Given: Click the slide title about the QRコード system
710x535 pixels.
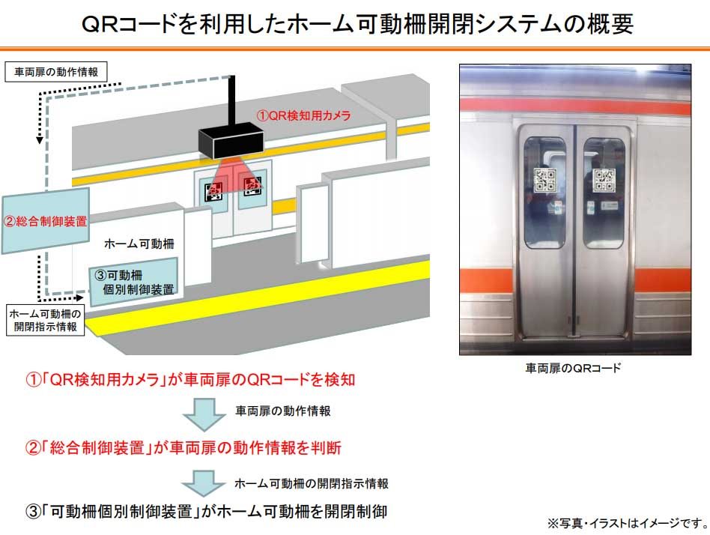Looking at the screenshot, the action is pyautogui.click(x=356, y=23).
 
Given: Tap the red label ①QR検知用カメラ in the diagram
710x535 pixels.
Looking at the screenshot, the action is pyautogui.click(x=303, y=115).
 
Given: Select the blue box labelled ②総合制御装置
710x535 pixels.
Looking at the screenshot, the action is pyautogui.click(x=45, y=220).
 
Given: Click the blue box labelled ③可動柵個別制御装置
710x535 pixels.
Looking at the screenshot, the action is pyautogui.click(x=133, y=282).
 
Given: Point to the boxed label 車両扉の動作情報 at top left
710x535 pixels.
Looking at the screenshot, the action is pyautogui.click(x=56, y=72).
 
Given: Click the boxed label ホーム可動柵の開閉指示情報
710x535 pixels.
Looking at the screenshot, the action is pyautogui.click(x=45, y=320).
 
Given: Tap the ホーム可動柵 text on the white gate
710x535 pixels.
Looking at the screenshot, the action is pyautogui.click(x=139, y=244).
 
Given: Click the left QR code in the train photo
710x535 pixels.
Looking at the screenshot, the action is pyautogui.click(x=544, y=180).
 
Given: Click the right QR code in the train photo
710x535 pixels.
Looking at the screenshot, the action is pyautogui.click(x=604, y=181).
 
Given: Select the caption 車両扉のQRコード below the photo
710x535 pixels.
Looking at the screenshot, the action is pyautogui.click(x=573, y=368).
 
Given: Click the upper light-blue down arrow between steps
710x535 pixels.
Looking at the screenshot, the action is pyautogui.click(x=204, y=414).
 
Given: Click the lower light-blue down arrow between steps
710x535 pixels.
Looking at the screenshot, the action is pyautogui.click(x=204, y=483).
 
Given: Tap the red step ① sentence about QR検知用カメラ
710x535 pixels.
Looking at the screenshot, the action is pyautogui.click(x=190, y=379).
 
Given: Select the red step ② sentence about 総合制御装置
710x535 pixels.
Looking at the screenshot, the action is pyautogui.click(x=183, y=447).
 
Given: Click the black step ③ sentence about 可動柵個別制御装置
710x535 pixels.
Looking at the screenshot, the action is pyautogui.click(x=207, y=512).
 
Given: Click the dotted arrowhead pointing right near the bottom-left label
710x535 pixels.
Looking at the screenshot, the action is pyautogui.click(x=79, y=297).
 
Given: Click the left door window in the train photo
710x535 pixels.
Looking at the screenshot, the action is pyautogui.click(x=544, y=193).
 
